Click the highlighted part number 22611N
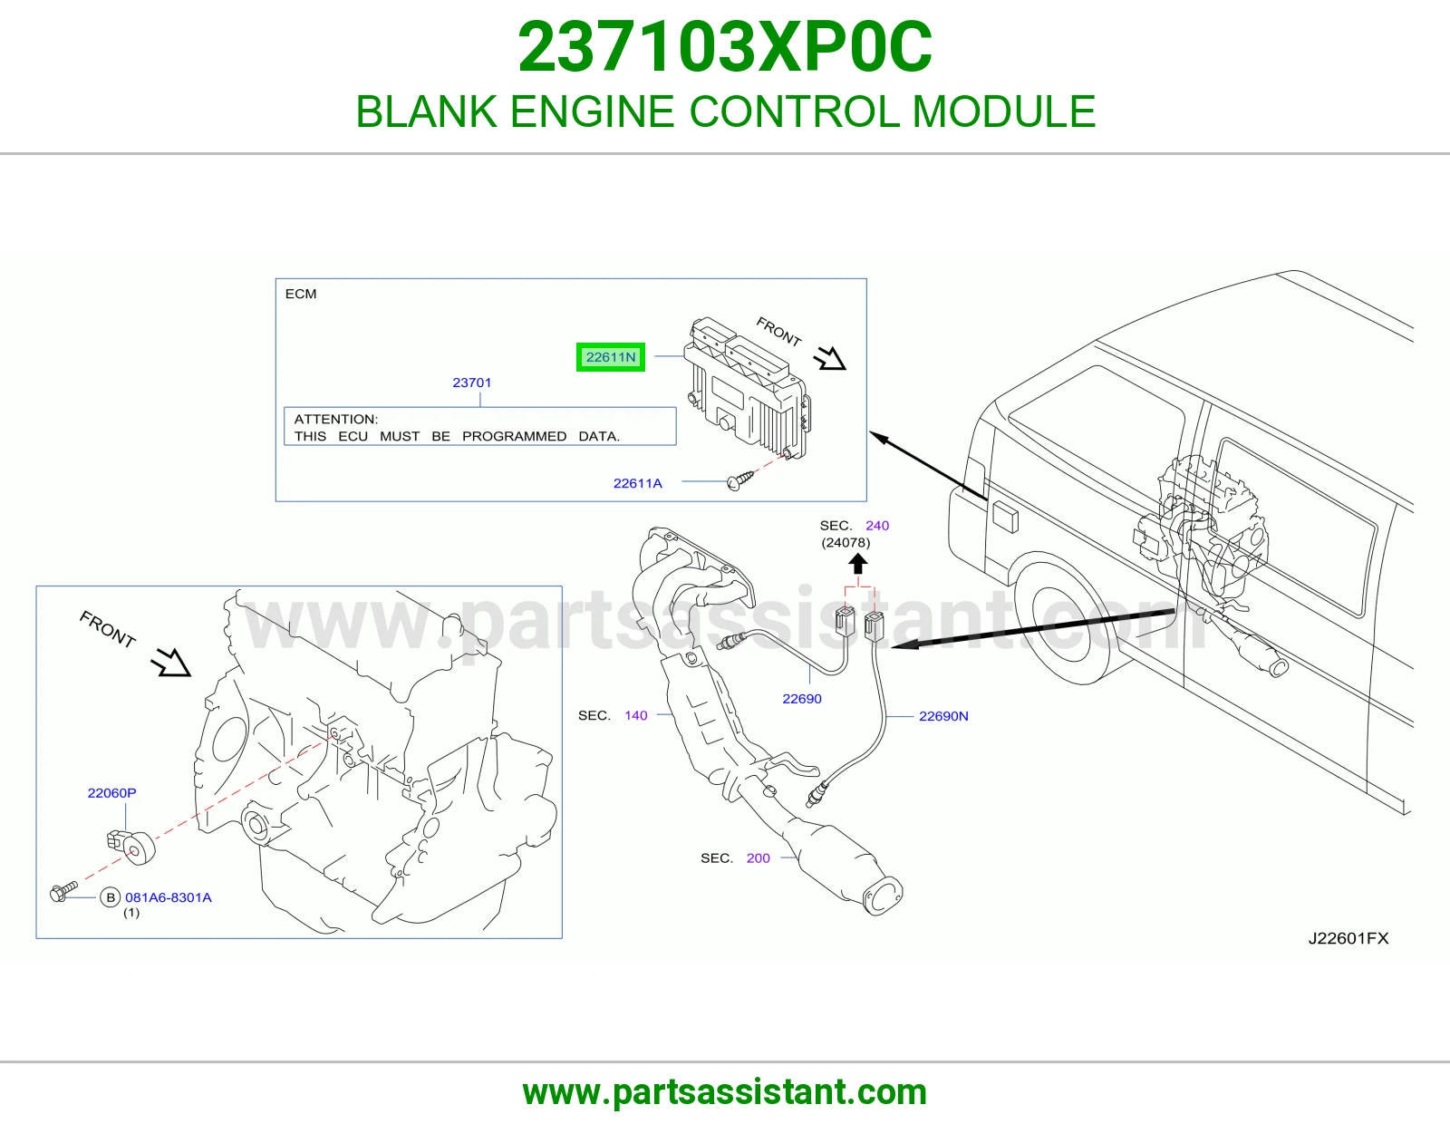point(611,357)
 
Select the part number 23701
point(472,383)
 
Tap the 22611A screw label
point(638,483)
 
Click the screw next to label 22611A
point(740,480)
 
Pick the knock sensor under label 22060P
point(131,847)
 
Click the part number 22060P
point(111,793)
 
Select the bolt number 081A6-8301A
point(169,897)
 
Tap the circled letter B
point(110,897)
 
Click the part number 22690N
point(943,716)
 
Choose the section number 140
point(636,715)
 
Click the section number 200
point(758,858)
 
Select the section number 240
point(877,526)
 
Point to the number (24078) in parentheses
point(846,543)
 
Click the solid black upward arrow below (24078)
point(858,564)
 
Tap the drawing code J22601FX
point(1348,938)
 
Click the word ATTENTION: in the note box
point(336,419)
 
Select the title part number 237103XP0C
point(725,46)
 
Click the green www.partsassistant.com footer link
point(725,1092)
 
